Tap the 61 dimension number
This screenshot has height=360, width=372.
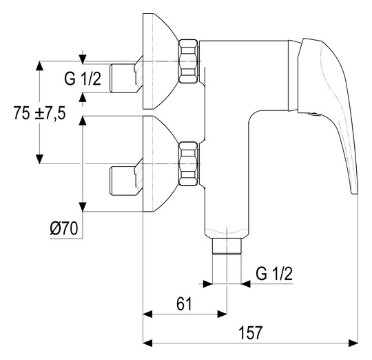[184, 303]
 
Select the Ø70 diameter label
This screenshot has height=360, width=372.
[64, 229]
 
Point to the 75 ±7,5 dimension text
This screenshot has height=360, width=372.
[39, 113]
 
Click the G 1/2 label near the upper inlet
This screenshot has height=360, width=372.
[83, 79]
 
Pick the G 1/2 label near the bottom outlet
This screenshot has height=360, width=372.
[274, 274]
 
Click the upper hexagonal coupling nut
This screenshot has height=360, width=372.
[188, 61]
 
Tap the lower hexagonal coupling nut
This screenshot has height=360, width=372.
[188, 163]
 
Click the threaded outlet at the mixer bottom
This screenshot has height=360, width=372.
[227, 246]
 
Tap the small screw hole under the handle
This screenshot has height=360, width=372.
[314, 114]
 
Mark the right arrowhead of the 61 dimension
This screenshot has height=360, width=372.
[222, 314]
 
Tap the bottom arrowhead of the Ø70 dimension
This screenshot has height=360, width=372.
[83, 207]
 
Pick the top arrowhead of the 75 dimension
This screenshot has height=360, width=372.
[39, 66]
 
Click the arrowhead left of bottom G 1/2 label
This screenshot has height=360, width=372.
[207, 283]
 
